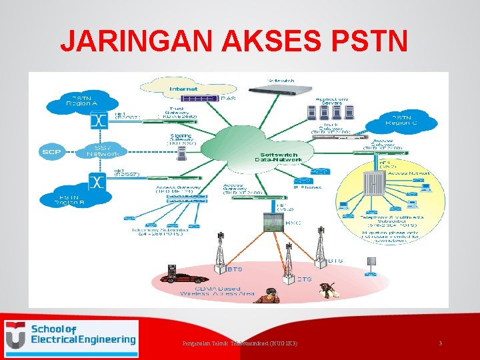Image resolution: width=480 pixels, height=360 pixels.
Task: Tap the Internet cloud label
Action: point(183,88)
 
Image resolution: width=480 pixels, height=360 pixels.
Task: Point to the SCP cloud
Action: point(51,152)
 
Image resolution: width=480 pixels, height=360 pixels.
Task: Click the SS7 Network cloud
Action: point(103,151)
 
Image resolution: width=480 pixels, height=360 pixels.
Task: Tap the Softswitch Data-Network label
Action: point(281,157)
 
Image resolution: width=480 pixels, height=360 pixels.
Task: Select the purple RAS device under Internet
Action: point(200,99)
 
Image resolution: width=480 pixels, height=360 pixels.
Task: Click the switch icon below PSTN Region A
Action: point(99,121)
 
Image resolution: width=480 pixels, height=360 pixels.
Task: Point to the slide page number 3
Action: point(440,343)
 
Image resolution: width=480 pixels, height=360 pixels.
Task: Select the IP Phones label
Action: point(307,187)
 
